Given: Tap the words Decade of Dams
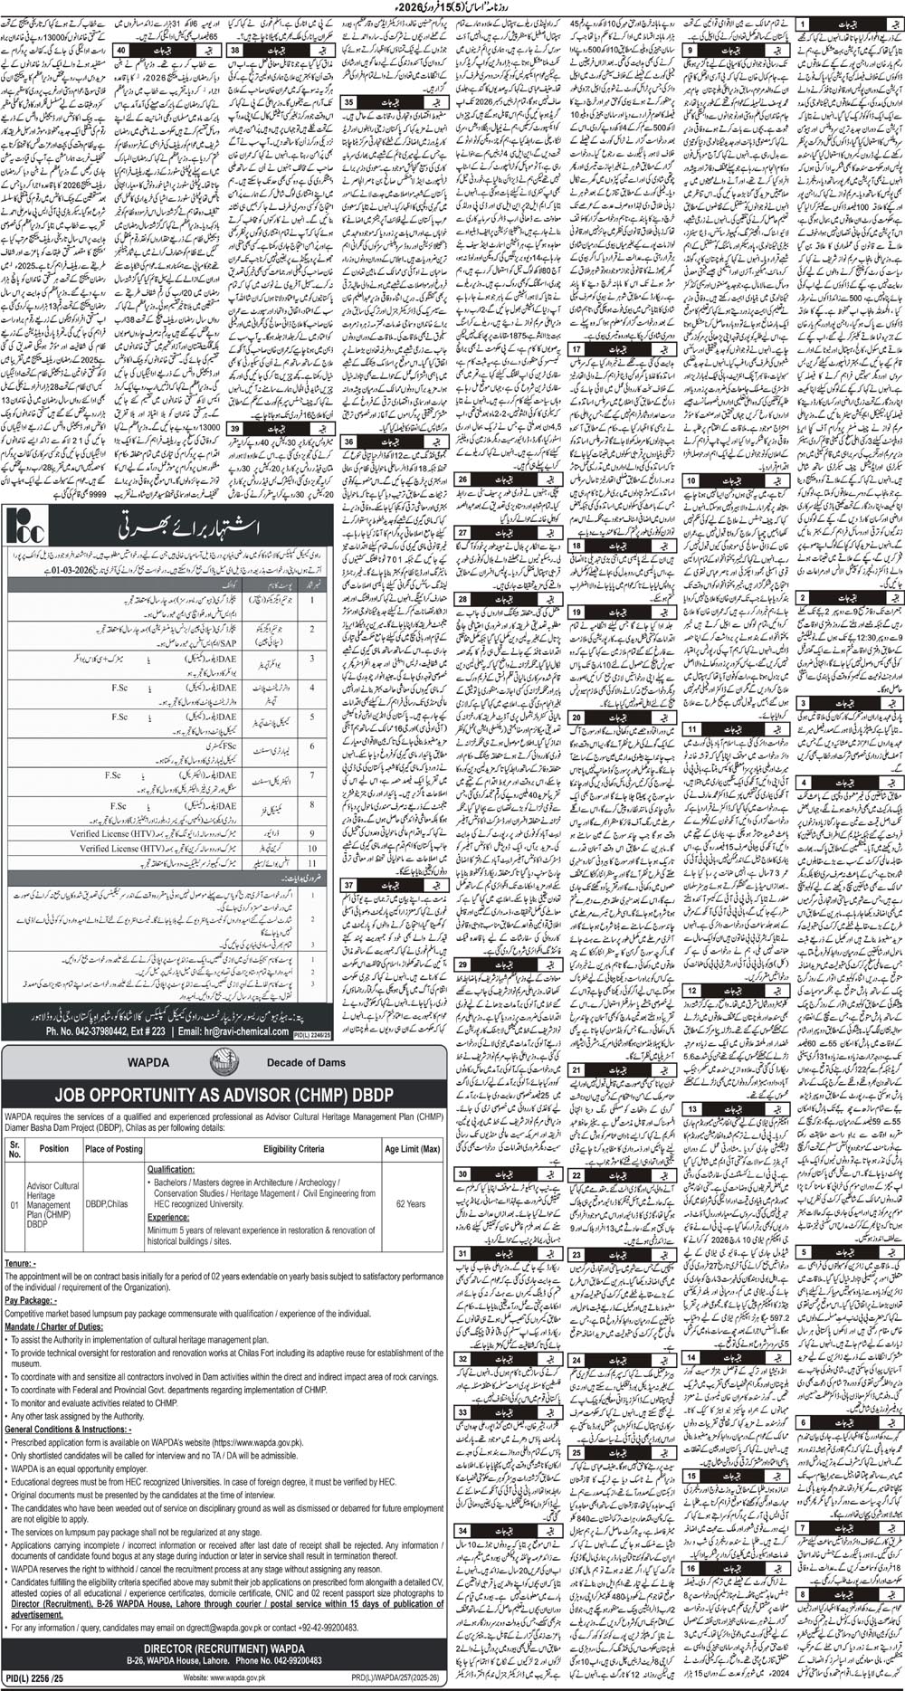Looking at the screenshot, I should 306,1063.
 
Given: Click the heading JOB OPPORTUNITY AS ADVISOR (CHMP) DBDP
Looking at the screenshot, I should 224,1095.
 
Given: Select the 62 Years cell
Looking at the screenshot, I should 410,1204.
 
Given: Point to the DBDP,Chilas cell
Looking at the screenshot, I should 107,1204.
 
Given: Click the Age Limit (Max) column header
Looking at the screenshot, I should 412,1149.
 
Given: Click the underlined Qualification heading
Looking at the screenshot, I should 171,1169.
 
